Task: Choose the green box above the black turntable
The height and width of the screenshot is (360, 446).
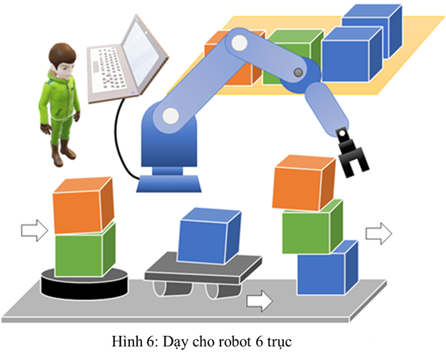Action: click(x=84, y=250)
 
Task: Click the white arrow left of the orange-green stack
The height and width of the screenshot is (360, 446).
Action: click(x=34, y=230)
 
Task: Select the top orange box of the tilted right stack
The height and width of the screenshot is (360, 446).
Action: click(x=303, y=184)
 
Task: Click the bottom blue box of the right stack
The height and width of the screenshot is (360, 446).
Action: click(x=326, y=269)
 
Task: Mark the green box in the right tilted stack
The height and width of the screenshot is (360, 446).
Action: click(x=311, y=226)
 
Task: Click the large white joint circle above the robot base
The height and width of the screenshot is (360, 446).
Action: click(x=170, y=114)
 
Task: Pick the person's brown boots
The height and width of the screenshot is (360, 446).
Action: click(x=65, y=151)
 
